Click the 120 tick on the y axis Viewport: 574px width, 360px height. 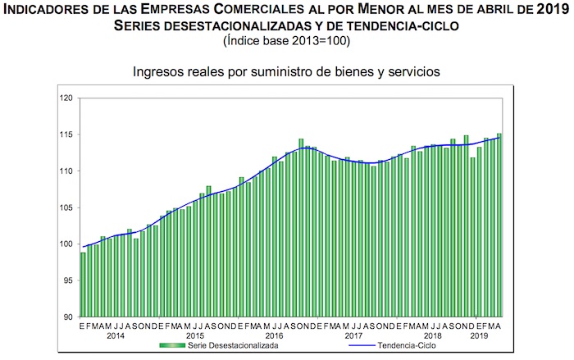tap(68, 98)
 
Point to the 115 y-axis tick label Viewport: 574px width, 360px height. tap(68, 134)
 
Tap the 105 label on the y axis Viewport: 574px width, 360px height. tap(68, 207)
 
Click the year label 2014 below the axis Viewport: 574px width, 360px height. tap(115, 336)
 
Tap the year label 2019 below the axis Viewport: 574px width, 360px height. tap(479, 336)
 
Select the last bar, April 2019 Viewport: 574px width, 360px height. tap(499, 225)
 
